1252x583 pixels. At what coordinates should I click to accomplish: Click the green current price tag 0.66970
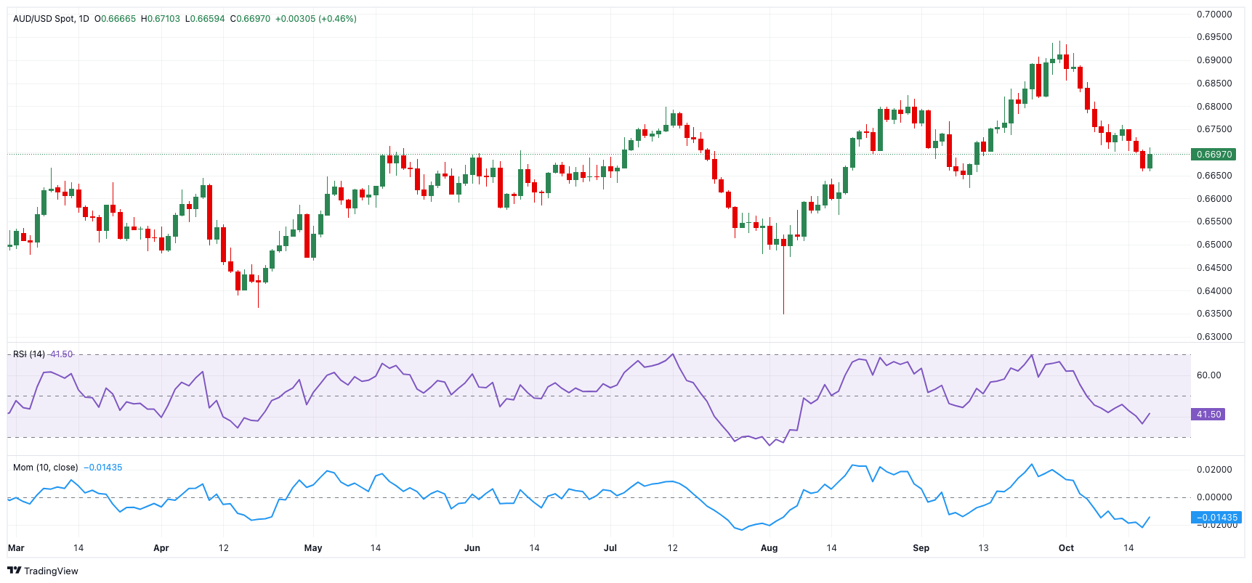1213,154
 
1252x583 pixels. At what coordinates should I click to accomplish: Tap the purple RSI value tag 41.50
1208,415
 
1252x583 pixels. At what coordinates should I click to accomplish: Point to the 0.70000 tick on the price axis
1214,15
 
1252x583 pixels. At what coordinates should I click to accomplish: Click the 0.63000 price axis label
1214,337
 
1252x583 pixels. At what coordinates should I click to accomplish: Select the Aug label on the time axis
769,548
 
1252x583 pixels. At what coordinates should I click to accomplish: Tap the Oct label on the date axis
1066,548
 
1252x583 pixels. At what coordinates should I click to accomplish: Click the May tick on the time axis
313,548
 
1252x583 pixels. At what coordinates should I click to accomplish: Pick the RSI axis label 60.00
1209,375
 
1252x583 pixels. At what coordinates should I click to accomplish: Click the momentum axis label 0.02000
1214,470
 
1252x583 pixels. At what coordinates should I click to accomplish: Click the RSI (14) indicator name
29,354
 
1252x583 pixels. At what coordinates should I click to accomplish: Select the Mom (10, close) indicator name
45,468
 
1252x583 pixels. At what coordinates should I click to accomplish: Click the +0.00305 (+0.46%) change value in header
315,19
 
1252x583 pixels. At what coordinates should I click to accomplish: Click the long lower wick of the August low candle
783,287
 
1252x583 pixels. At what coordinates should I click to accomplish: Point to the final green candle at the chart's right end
1150,160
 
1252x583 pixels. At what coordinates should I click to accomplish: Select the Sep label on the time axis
921,548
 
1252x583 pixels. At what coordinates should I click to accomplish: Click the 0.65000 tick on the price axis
1214,245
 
